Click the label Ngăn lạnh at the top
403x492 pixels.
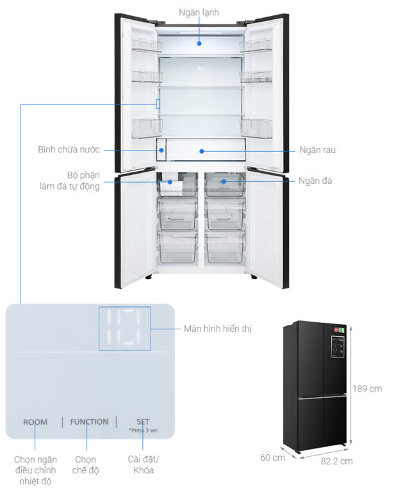point(199,13)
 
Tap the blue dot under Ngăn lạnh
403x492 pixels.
point(199,44)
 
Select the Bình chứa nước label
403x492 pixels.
point(69,149)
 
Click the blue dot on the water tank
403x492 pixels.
point(161,150)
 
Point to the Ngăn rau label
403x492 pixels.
point(317,150)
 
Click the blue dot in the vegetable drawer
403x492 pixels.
point(202,151)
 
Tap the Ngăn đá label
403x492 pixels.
point(315,181)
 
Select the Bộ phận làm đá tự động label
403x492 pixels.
point(70,181)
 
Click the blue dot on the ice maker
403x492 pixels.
point(170,182)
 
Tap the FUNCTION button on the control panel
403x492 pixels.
point(89,422)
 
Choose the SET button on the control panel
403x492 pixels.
point(143,422)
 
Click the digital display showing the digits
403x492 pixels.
point(125,328)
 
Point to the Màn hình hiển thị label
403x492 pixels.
point(217,329)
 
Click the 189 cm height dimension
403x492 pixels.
point(367,389)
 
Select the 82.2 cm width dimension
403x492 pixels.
point(336,461)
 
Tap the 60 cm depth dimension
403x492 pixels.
point(273,457)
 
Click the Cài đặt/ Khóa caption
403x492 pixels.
point(143,464)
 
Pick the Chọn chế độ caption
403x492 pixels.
point(85,464)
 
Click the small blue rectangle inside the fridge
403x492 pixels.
point(158,104)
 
